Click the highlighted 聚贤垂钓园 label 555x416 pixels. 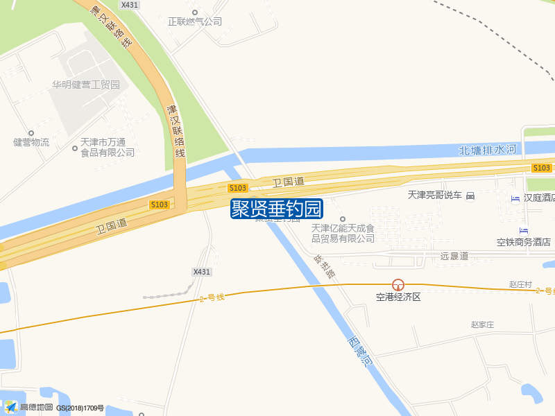pyautogui.click(x=277, y=209)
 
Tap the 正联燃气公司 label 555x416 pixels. pyautogui.click(x=195, y=21)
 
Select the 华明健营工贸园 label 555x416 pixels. pyautogui.click(x=86, y=85)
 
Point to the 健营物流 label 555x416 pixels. pyautogui.click(x=31, y=142)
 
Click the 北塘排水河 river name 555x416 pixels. pyautogui.click(x=488, y=150)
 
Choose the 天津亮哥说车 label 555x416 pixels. pyautogui.click(x=434, y=196)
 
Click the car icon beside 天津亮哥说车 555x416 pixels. pyautogui.click(x=470, y=196)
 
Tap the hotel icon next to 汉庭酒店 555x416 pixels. pyautogui.click(x=515, y=199)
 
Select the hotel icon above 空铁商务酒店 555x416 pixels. pyautogui.click(x=523, y=230)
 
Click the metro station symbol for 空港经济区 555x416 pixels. pyautogui.click(x=398, y=284)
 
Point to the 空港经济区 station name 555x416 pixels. pyautogui.click(x=398, y=297)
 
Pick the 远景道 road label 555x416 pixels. pyautogui.click(x=454, y=256)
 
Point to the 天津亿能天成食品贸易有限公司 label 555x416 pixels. pyautogui.click(x=343, y=233)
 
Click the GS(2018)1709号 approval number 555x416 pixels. pyautogui.click(x=80, y=408)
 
